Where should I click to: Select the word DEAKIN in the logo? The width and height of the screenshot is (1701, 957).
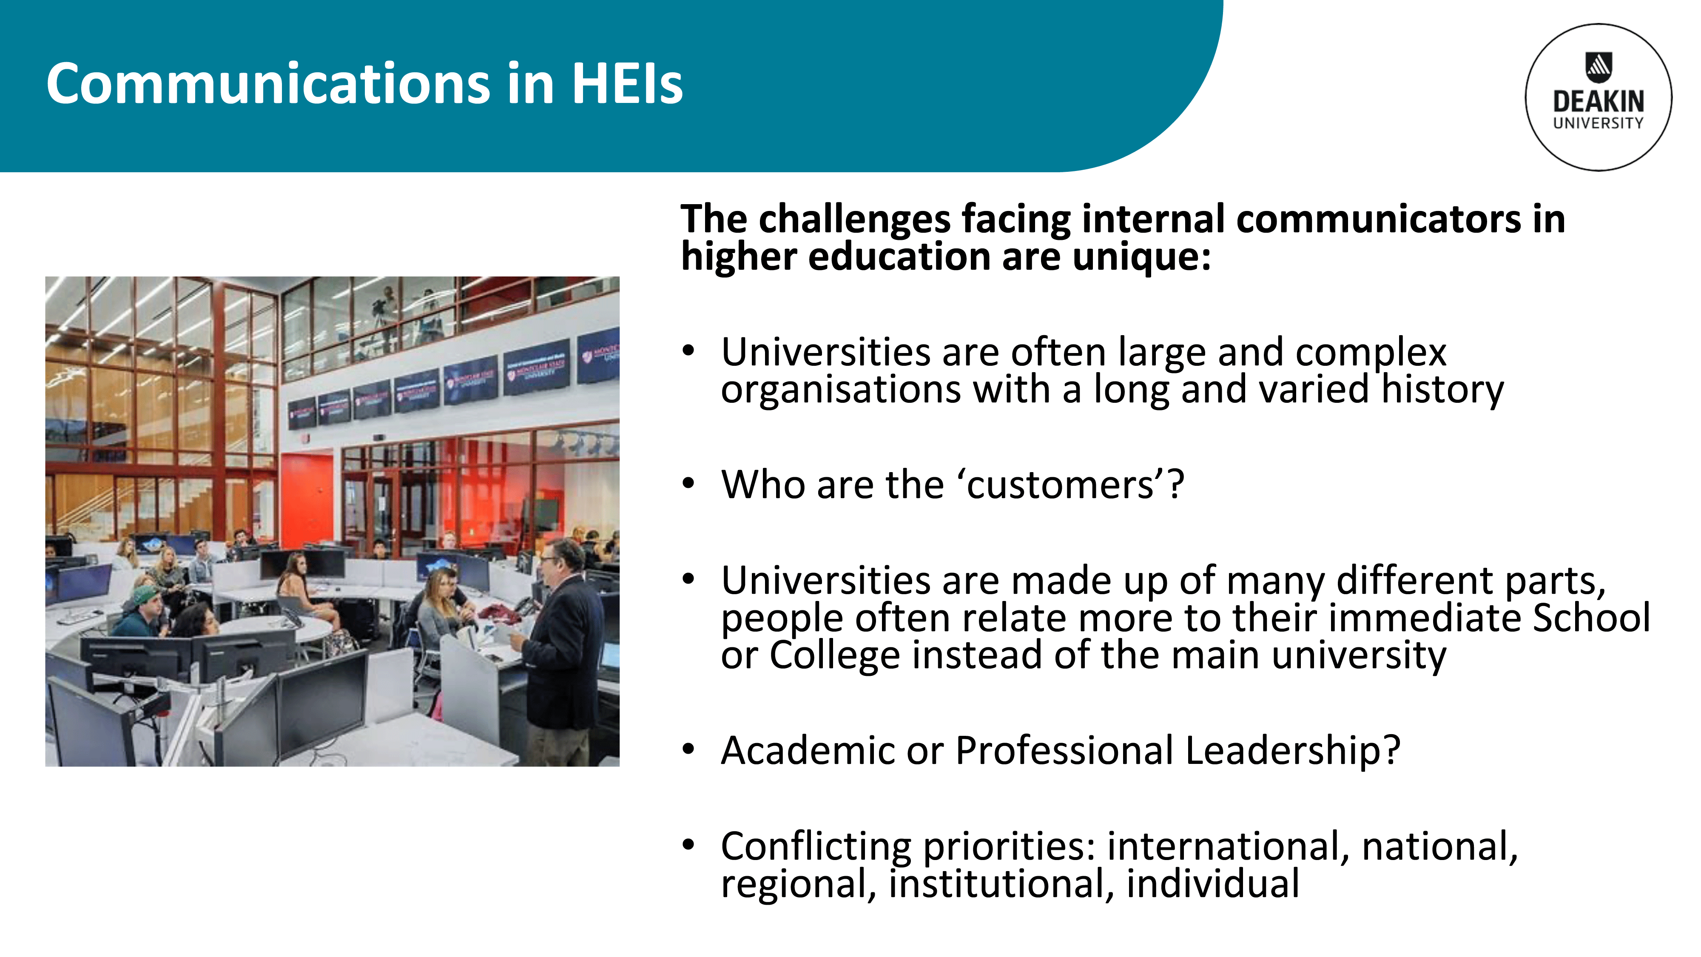(x=1599, y=102)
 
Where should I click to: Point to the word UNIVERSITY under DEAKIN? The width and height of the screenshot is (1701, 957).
(x=1599, y=123)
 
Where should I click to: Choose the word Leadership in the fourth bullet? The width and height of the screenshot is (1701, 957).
(x=1292, y=751)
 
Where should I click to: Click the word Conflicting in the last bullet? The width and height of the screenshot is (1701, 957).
(x=816, y=847)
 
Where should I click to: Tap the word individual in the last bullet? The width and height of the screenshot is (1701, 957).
(x=1213, y=884)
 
